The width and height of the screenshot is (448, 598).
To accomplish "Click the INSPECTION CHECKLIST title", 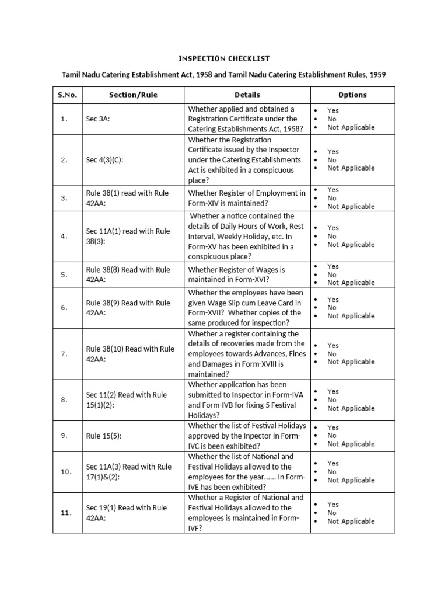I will point(224,58).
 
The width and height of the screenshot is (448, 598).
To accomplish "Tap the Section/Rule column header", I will point(133,95).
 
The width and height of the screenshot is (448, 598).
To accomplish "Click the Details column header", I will point(247,95).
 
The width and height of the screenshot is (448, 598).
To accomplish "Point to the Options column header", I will point(352,95).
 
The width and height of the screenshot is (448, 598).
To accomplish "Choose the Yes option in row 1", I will point(332,110).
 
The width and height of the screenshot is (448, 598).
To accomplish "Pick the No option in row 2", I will point(331,159).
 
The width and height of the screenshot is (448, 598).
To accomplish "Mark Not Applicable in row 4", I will point(351,245).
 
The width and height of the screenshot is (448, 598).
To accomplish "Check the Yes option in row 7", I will point(332,346).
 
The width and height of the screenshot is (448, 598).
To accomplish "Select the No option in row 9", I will point(331,436).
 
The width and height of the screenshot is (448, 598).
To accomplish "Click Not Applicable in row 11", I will point(351,521).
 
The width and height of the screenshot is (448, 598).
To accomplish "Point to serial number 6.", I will point(64,307).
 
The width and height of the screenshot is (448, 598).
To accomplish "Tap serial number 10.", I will point(66,472).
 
